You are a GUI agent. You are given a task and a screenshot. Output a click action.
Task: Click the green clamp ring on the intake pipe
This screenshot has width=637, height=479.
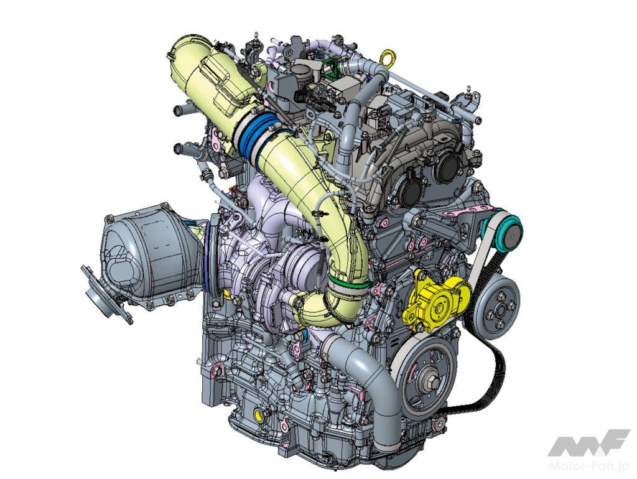pyautogui.click(x=348, y=281)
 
